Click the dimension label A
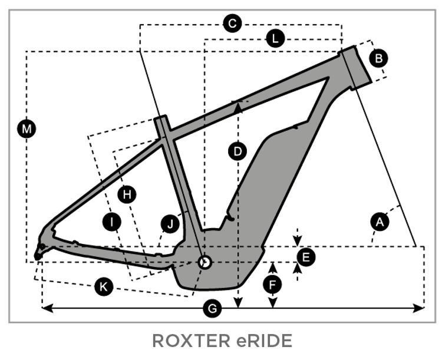click(x=380, y=222)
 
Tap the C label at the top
click(x=232, y=24)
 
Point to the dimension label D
click(x=237, y=151)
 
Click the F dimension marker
click(x=272, y=284)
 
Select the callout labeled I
click(x=111, y=222)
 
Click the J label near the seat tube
click(x=170, y=223)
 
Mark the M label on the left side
click(x=26, y=128)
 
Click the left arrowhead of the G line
click(x=45, y=307)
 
